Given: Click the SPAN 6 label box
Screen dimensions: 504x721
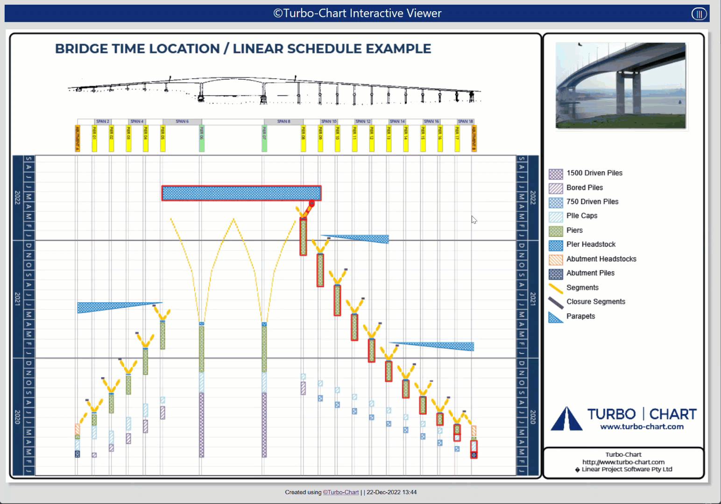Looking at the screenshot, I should (182, 121).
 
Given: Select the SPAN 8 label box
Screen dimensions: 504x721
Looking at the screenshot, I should (283, 121).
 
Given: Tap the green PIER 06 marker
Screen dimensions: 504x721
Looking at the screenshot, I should (202, 138).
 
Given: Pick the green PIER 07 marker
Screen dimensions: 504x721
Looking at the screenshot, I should (264, 138).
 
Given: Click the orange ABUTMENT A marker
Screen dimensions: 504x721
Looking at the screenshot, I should (78, 138).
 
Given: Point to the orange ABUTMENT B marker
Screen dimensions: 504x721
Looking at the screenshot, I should (474, 138).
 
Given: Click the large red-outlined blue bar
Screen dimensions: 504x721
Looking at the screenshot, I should (241, 193).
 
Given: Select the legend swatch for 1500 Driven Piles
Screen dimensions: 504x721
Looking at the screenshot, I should (556, 174).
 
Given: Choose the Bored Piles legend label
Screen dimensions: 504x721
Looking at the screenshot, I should (585, 188).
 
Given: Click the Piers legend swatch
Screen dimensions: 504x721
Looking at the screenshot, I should (556, 231).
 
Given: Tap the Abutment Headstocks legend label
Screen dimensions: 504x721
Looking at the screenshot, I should (601, 259).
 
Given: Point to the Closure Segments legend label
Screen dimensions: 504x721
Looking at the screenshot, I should (596, 302).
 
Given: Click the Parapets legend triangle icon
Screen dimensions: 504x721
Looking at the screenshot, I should (555, 317).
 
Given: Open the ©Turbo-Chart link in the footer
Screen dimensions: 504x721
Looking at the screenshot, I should (341, 492).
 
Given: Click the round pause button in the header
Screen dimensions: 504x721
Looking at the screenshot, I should (699, 14).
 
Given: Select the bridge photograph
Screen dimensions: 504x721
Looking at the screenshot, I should (621, 85).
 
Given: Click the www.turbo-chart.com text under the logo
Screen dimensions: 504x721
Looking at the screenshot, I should (642, 427).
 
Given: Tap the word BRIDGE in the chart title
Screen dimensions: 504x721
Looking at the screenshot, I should (82, 49).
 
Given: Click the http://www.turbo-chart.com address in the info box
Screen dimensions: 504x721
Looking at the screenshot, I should (623, 462).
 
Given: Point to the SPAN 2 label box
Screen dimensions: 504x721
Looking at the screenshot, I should (103, 121).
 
